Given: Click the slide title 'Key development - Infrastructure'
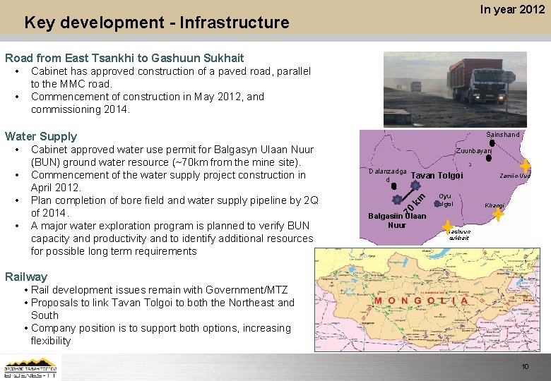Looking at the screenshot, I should pos(156,23).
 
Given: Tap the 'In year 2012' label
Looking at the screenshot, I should pos(512,9).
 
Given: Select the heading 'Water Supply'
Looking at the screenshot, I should pos(41,136).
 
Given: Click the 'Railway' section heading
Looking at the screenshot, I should pos(26,277).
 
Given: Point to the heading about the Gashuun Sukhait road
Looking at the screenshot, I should pos(124,58).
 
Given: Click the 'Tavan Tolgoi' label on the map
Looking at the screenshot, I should pos(437,176).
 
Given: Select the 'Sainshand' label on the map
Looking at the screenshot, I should pos(502,135).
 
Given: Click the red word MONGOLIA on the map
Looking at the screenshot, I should pos(422,300).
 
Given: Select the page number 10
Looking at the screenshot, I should pos(524,366).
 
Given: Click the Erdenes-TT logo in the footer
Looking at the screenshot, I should pos(32,367).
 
